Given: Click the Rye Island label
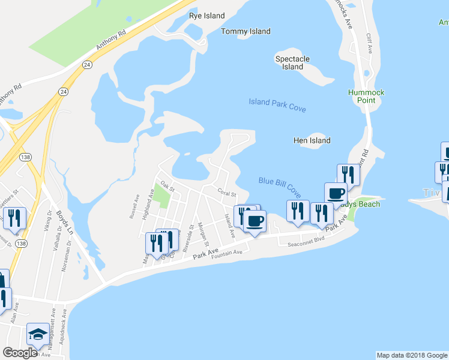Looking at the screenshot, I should coord(206,16).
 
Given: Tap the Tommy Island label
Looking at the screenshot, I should coord(246,31).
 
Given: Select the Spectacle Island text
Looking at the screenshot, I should coord(292,62).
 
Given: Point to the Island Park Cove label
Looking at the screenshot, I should coord(277,106).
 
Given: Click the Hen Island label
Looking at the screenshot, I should coord(312,140).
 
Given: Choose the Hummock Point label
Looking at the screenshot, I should coord(366,96).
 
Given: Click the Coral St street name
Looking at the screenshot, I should coord(228,193).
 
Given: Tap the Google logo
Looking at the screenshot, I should coord(20,353).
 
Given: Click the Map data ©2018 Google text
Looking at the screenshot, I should coord(411,355).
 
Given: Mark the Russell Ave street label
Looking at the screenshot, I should coord(137,205).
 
